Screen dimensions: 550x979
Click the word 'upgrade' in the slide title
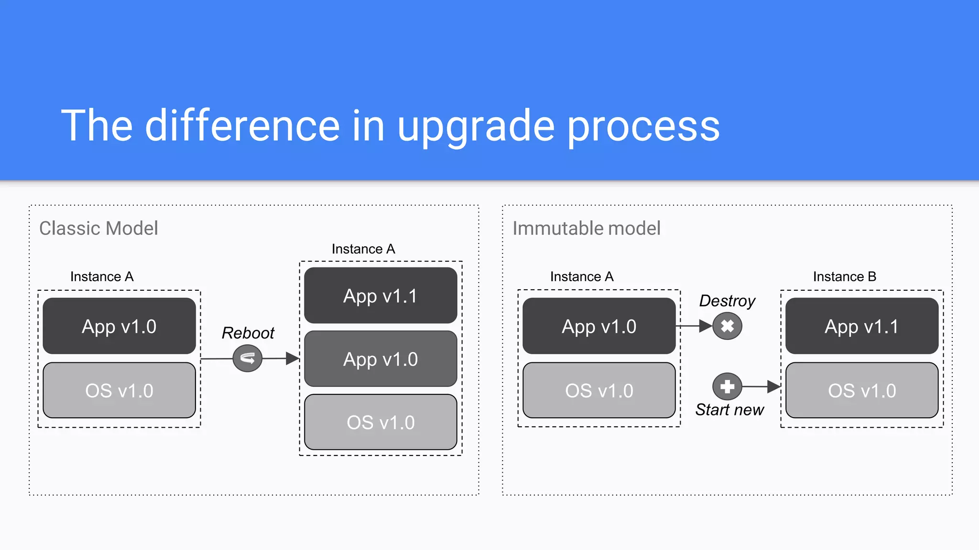click(x=476, y=127)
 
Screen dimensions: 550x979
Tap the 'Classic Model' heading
click(x=98, y=229)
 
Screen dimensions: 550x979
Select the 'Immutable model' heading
click(x=586, y=229)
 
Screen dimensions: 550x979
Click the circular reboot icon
click(x=247, y=359)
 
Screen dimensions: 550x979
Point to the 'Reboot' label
click(x=248, y=333)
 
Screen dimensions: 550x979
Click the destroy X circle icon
click(x=727, y=326)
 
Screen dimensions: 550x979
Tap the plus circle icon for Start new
click(x=727, y=386)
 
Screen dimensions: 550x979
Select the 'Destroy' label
click(x=727, y=301)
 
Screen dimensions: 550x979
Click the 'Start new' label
click(x=729, y=410)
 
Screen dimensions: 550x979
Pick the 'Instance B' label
click(x=844, y=276)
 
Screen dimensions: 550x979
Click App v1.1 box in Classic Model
click(x=381, y=296)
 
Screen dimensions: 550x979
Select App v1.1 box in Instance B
click(x=861, y=326)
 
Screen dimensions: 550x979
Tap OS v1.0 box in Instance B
click(x=861, y=391)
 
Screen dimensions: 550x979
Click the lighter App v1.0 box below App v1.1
click(x=381, y=359)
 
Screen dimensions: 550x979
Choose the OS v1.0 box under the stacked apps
click(x=381, y=423)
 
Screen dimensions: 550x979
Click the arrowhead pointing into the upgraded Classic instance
click(x=292, y=359)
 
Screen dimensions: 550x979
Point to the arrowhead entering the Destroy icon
click(x=705, y=326)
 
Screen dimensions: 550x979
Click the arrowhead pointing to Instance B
click(x=773, y=386)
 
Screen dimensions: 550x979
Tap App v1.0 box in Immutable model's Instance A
click(x=598, y=326)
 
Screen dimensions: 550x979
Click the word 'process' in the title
click(x=643, y=127)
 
